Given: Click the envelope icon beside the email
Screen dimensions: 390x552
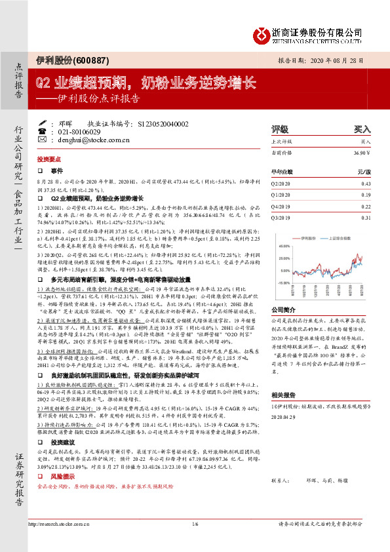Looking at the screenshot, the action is (x=43, y=140).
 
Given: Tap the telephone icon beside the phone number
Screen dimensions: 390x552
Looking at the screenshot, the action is (x=43, y=131).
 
